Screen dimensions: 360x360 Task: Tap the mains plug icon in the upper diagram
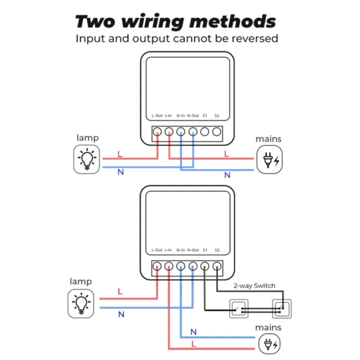tap(269, 160)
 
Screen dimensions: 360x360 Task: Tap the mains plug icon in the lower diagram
tap(269, 344)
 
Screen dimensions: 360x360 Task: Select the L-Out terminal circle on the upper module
tap(156, 132)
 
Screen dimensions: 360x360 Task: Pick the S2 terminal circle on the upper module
tap(216, 132)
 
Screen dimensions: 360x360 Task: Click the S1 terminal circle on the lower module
tap(204, 266)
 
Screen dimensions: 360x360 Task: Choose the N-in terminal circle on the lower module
tap(180, 266)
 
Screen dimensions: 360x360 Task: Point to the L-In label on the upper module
tap(168, 116)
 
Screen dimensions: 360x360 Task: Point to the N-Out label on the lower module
tap(193, 250)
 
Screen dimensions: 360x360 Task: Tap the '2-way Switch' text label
tap(254, 285)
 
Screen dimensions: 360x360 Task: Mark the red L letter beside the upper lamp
tap(119, 154)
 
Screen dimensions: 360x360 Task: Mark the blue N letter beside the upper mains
tap(227, 175)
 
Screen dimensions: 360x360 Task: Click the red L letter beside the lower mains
tap(193, 344)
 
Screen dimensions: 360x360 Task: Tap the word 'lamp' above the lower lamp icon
tap(80, 281)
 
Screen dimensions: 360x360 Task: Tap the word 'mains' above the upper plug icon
tap(268, 139)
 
